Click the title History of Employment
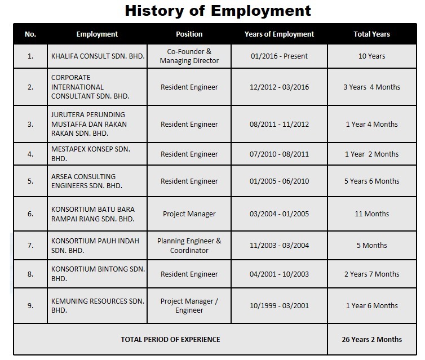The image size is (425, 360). click(218, 11)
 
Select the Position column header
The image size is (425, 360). click(189, 34)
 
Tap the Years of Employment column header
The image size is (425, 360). click(279, 34)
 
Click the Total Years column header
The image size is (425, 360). click(371, 34)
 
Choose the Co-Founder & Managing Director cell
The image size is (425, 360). click(189, 56)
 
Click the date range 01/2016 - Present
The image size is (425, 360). click(279, 56)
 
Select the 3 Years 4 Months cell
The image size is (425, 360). click(371, 87)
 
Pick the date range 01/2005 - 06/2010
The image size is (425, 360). click(279, 181)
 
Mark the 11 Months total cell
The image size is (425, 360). click(371, 214)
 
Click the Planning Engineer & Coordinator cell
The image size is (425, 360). click(189, 245)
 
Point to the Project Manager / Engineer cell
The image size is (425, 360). click(189, 305)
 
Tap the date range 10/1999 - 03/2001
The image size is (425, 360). click(279, 305)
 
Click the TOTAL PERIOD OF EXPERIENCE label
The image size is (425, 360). click(170, 339)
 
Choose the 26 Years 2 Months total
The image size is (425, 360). click(371, 339)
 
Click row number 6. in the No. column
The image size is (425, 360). click(30, 214)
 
